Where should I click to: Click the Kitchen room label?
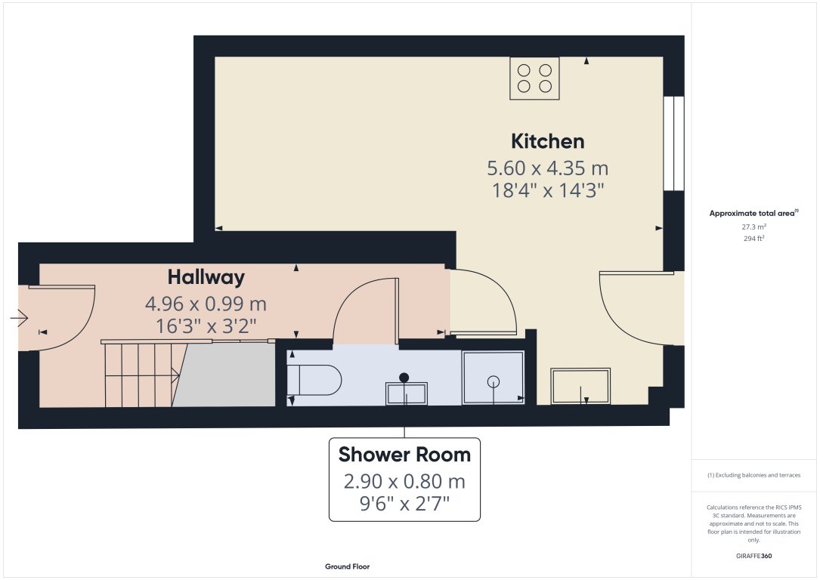click(x=547, y=141)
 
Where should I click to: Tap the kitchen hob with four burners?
click(x=534, y=78)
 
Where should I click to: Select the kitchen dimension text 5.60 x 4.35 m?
click(x=547, y=168)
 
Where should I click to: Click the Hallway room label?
click(x=206, y=277)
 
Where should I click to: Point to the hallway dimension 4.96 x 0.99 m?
click(x=206, y=304)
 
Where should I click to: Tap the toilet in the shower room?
click(x=316, y=380)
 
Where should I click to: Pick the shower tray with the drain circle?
click(x=493, y=377)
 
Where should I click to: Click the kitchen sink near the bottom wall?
click(x=580, y=385)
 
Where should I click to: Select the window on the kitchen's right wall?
click(x=673, y=143)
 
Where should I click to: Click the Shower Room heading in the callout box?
click(x=404, y=455)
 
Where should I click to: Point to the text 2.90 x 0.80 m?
click(x=404, y=481)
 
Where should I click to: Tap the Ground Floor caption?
click(x=347, y=566)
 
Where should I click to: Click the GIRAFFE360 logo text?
click(x=753, y=556)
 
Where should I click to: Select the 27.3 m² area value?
click(x=753, y=227)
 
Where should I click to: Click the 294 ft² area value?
click(x=753, y=238)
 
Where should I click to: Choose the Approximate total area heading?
click(x=753, y=214)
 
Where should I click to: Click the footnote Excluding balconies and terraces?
click(x=753, y=475)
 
